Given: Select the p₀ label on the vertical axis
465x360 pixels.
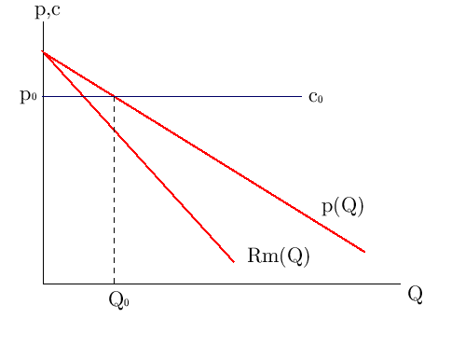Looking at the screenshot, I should point(28,97).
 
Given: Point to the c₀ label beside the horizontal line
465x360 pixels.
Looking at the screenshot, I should point(316,97).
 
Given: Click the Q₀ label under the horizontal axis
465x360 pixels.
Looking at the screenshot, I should point(118,300).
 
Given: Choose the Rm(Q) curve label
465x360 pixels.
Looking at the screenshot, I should point(278,256).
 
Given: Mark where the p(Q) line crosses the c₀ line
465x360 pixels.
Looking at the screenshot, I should point(114,96).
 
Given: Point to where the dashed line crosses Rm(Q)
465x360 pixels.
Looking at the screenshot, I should point(114,129).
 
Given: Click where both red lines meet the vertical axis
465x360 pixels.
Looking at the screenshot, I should point(43,51).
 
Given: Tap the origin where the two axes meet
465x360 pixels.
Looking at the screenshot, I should point(43,284).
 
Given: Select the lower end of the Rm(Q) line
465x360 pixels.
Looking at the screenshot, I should point(233,261).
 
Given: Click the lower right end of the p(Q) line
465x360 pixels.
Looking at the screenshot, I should point(364,252).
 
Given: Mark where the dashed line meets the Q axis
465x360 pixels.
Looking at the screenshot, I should point(114,284).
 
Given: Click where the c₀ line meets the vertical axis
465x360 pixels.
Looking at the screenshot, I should point(43,96).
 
